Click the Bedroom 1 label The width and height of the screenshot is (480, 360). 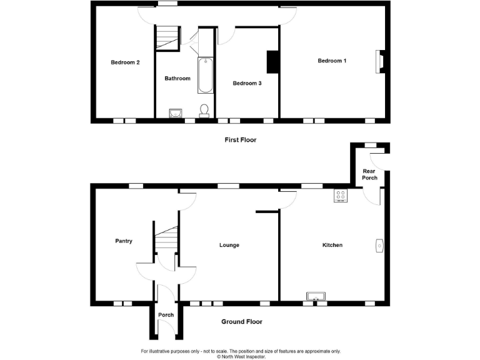331,61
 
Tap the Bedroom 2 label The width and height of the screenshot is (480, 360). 125,62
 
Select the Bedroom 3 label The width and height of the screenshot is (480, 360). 247,83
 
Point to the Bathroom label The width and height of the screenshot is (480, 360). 177,79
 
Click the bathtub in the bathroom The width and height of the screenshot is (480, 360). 206,76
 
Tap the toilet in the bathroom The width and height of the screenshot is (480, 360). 204,111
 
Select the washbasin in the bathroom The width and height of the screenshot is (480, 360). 176,113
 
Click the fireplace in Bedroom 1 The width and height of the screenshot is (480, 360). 379,61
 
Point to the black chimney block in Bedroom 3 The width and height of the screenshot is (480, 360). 272,62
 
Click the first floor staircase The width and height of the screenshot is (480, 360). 167,38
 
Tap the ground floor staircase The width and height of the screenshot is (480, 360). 167,241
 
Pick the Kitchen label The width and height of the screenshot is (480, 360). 332,245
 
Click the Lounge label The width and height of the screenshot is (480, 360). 229,245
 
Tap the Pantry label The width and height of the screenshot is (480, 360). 124,241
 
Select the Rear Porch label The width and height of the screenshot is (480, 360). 369,174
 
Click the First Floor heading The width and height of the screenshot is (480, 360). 241,140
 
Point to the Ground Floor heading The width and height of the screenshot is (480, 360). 242,322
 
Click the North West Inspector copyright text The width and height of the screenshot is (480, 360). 241,357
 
